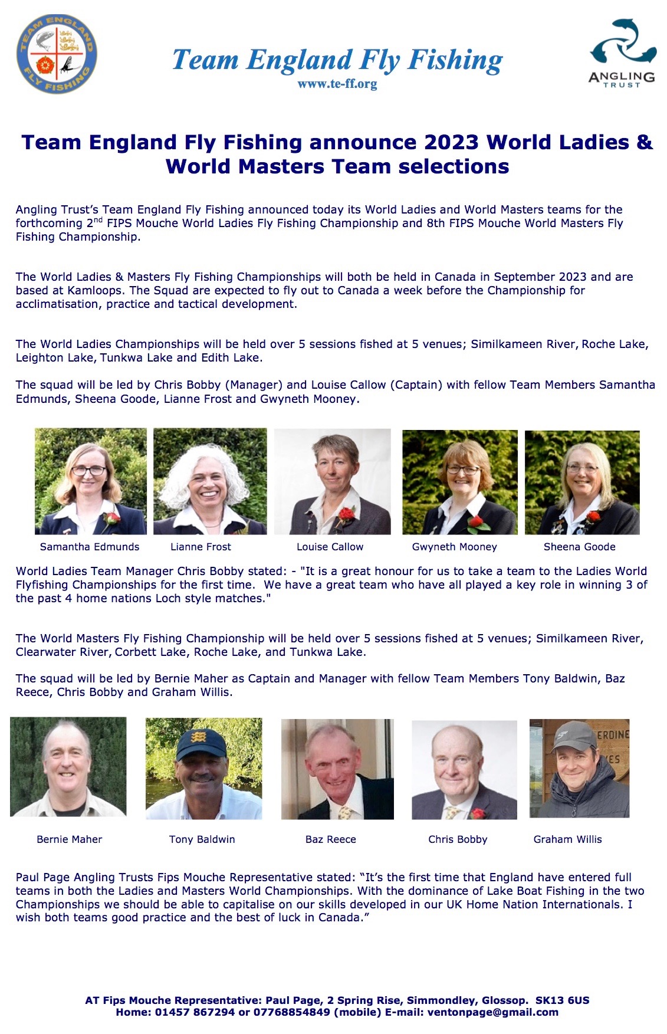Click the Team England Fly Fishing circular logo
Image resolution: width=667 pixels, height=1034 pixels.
57,55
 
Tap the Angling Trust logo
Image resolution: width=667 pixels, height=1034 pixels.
622,53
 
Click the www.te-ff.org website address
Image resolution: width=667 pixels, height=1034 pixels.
337,84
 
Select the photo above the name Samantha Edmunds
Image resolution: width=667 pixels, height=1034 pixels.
90,481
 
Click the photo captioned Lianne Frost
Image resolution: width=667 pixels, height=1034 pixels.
210,481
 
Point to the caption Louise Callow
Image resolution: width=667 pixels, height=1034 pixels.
330,547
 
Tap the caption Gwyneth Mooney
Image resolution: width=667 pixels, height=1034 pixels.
454,547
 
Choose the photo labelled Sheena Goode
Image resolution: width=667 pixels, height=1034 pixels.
582,482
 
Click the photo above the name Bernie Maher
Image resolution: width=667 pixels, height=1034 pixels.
68,766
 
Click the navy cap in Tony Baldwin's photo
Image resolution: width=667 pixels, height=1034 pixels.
201,743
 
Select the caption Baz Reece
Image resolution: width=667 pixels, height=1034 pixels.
330,839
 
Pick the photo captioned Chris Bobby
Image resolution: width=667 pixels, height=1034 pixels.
464,769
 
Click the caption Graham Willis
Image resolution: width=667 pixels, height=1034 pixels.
567,839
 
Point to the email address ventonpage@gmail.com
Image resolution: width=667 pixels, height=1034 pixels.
492,1012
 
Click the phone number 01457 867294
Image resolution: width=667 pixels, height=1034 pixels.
195,1012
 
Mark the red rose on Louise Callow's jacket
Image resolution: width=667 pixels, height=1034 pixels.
347,513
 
